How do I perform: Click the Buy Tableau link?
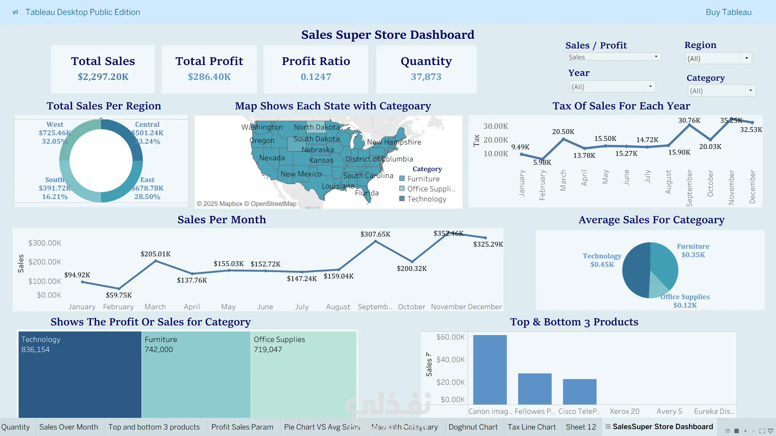728,12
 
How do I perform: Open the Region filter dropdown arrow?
746,58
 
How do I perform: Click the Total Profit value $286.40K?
209,77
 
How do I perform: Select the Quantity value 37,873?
426,77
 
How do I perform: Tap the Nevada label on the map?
272,158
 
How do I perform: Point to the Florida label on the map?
367,193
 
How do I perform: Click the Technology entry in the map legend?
426,199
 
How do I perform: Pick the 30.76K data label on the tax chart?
689,120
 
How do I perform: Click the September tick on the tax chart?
689,188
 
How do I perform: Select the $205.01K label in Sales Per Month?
156,254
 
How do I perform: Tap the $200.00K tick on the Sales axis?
44,262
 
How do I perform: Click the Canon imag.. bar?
490,369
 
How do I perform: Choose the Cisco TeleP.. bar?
580,392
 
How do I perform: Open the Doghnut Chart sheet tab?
473,427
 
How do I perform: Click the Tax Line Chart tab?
531,427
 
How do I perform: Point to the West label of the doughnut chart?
55,124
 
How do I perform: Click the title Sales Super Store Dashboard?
388,35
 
